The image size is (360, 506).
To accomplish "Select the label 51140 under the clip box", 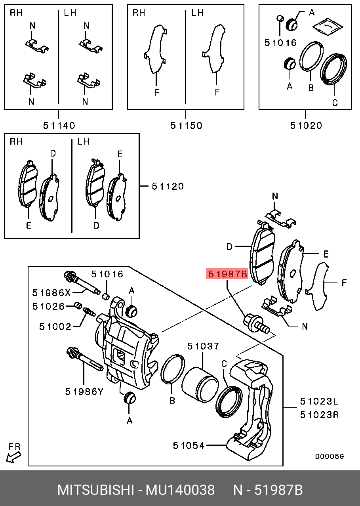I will [59, 126].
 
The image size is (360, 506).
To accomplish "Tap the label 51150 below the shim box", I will [186, 126].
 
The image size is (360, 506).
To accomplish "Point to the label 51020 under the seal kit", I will [306, 126].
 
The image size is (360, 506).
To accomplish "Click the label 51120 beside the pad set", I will [168, 186].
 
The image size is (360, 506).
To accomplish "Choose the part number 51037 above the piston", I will [203, 346].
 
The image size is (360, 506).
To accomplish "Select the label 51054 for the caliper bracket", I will [189, 445].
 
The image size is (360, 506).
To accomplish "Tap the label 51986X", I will [51, 293].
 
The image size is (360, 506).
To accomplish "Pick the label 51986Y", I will [84, 392].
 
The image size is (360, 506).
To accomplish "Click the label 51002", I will [55, 327].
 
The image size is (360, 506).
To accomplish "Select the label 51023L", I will [319, 401].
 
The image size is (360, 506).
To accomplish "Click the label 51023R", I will [319, 415].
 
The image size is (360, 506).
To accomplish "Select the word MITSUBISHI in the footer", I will [96, 490].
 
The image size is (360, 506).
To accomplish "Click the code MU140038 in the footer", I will [180, 490].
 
